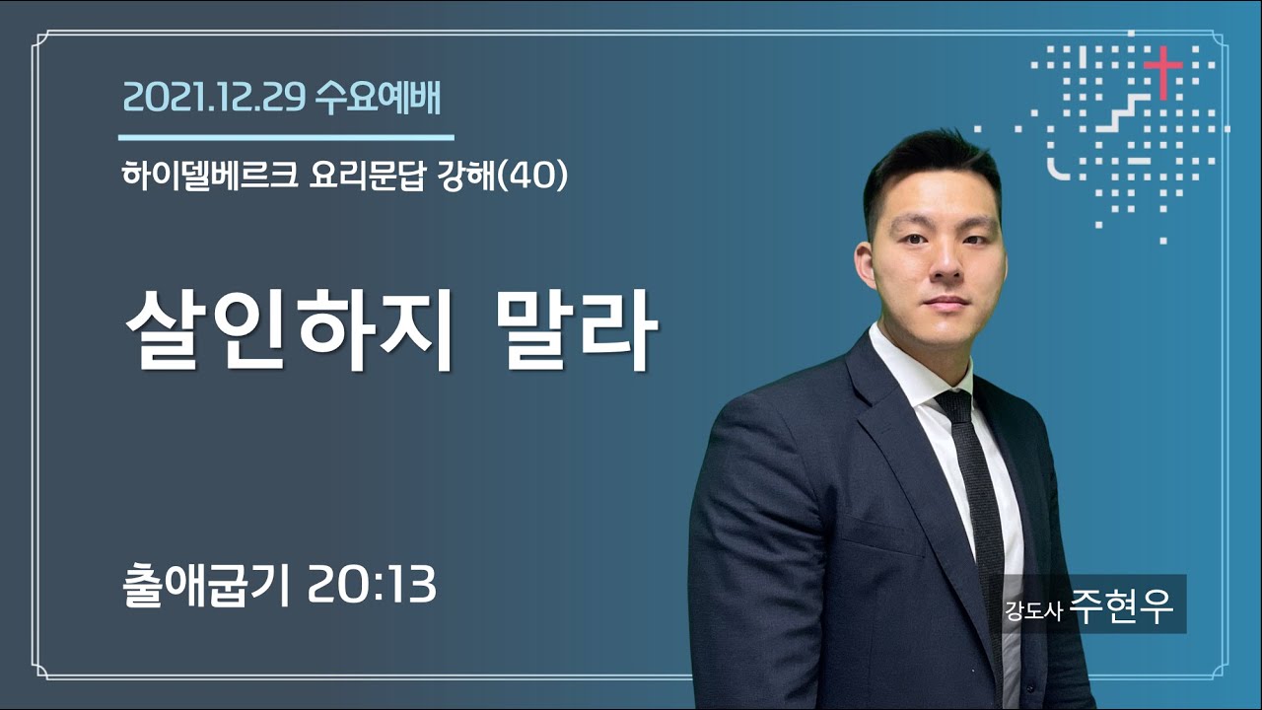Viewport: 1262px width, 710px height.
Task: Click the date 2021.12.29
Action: tap(214, 98)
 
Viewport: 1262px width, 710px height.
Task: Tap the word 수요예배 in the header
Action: tap(378, 98)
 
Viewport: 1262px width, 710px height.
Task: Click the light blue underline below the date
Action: tap(286, 137)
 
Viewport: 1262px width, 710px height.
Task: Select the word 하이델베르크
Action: tap(209, 176)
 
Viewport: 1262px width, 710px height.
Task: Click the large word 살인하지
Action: tap(289, 330)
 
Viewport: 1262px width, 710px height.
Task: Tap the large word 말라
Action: tap(577, 330)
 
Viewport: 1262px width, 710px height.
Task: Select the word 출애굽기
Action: tap(206, 585)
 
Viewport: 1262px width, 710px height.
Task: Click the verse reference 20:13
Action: tap(373, 585)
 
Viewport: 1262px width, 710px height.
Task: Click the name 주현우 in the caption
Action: tap(1123, 605)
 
